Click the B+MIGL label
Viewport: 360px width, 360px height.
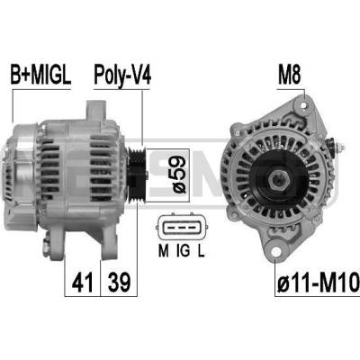(40, 75)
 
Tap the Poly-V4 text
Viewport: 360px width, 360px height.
(122, 76)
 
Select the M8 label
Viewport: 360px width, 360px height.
(289, 75)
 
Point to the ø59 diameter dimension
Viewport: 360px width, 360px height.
(178, 175)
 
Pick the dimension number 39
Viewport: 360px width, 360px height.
(119, 283)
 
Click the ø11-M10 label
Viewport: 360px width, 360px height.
(318, 283)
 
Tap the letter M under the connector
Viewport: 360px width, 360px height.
(163, 251)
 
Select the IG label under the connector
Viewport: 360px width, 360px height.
(183, 251)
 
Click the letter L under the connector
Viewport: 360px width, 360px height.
(201, 251)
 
